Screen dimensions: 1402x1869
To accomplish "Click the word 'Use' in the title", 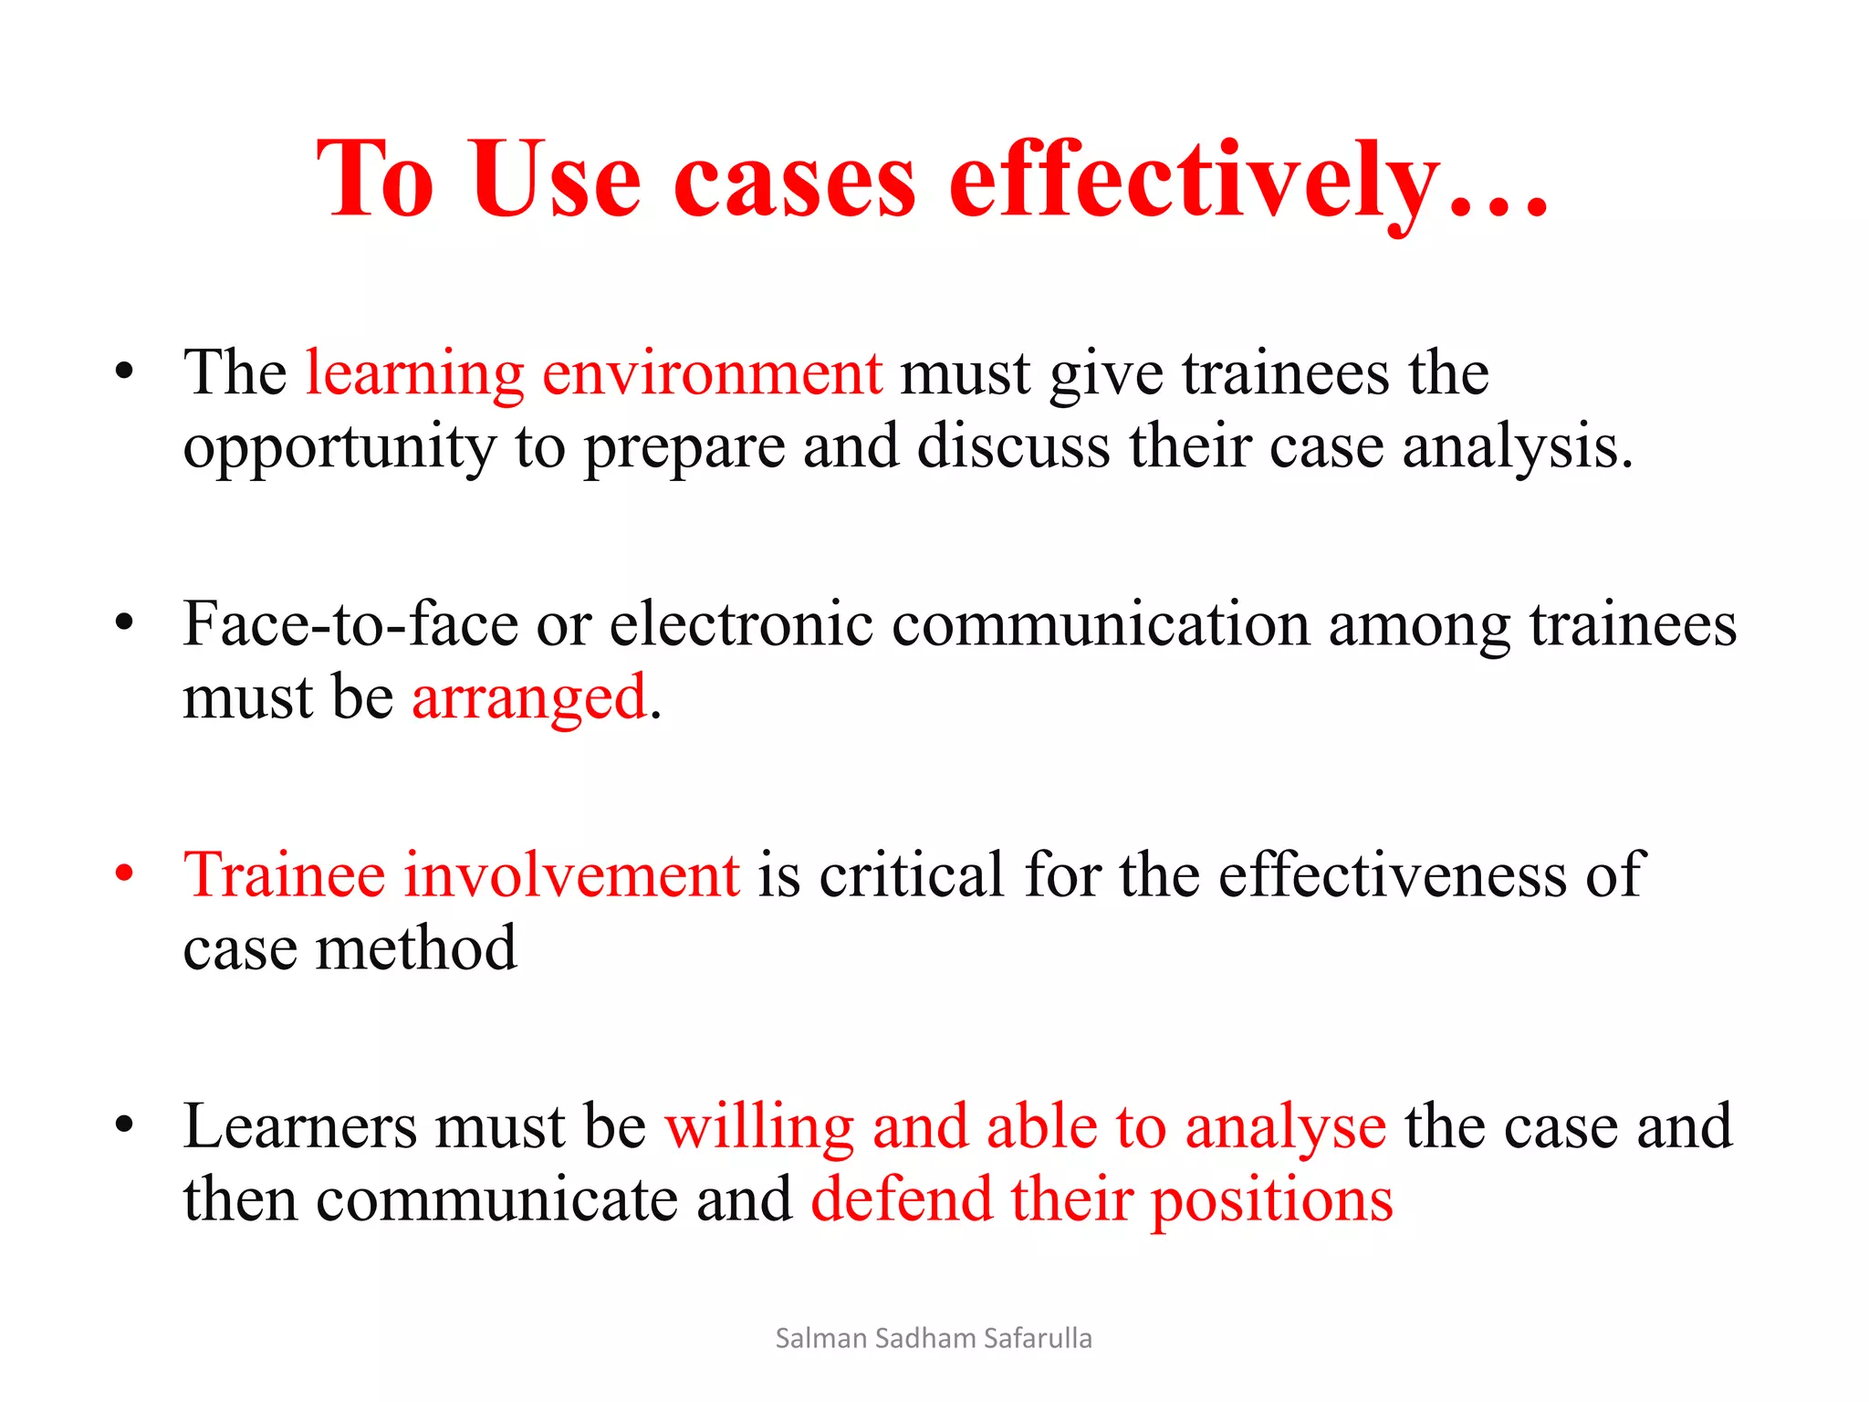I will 557,180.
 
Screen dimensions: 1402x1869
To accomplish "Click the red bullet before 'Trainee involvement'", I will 125,873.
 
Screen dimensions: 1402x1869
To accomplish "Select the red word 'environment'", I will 712,373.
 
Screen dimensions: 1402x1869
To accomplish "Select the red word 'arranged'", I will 529,699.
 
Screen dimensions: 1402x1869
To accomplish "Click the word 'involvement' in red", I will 571,875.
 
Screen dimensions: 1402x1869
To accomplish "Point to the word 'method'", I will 416,948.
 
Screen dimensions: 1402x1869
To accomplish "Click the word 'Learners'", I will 300,1126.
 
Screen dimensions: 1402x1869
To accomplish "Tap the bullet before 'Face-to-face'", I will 125,623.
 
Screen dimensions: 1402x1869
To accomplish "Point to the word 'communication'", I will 1101,625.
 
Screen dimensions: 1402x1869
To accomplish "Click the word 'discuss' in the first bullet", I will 1013,447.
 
